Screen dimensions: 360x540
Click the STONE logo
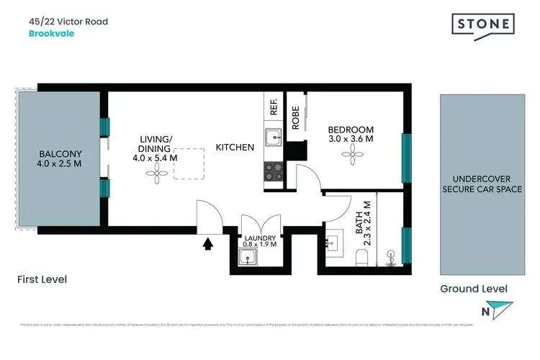[x=483, y=24]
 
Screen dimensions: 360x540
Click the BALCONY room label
[x=60, y=153]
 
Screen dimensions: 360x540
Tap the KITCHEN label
[x=235, y=148]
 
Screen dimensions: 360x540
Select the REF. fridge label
[x=274, y=108]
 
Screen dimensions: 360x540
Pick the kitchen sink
[x=274, y=138]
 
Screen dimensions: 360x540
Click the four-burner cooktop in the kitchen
[x=274, y=171]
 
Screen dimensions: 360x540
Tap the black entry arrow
[x=208, y=244]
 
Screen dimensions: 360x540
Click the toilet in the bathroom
[x=363, y=256]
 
